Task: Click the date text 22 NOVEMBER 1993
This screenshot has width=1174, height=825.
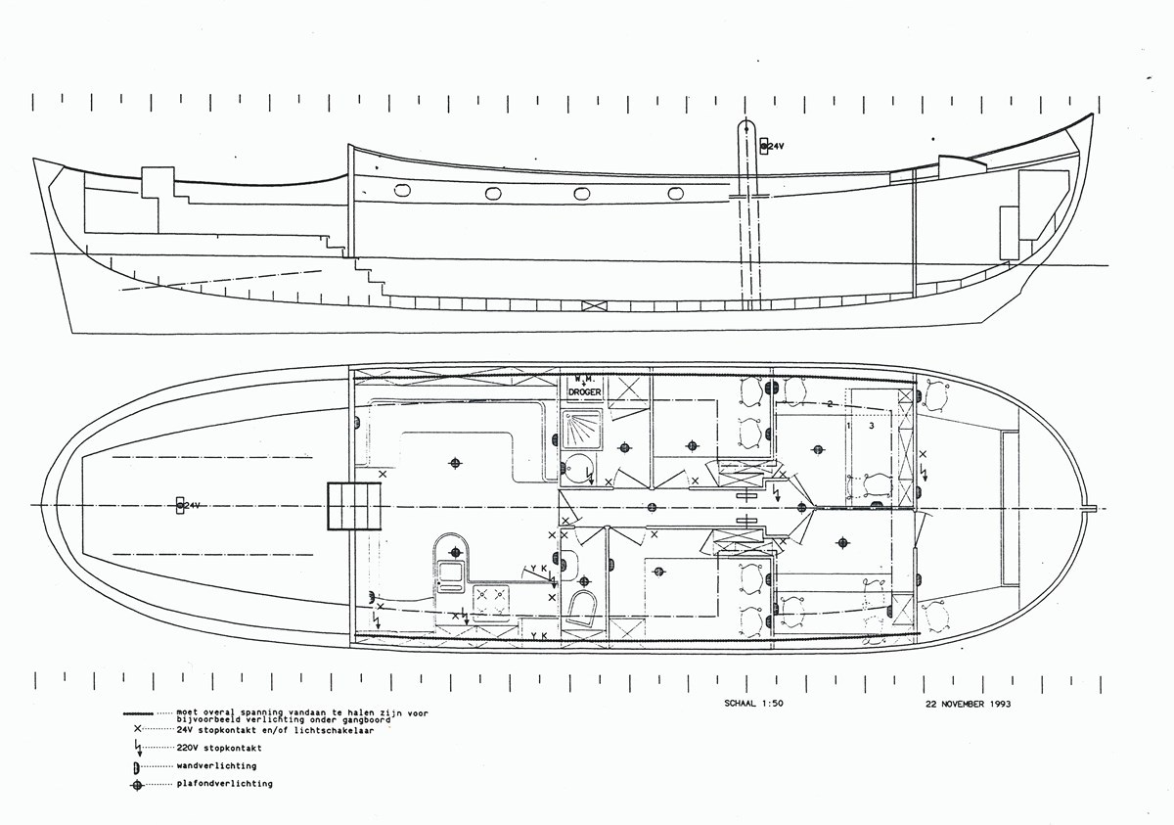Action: click(x=970, y=704)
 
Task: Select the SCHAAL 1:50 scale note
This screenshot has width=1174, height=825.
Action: click(x=746, y=704)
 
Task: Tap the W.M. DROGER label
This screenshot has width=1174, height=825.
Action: click(x=586, y=386)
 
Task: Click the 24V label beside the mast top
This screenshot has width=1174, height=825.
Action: click(x=776, y=146)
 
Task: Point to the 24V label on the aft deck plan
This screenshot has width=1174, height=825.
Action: click(x=190, y=505)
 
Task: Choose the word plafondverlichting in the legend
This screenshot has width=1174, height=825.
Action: click(x=225, y=784)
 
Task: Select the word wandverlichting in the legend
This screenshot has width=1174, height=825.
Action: click(x=217, y=765)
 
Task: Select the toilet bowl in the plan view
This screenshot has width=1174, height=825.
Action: click(x=583, y=607)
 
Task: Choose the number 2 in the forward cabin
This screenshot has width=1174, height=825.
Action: click(x=830, y=403)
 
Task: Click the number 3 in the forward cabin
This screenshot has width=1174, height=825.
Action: click(x=871, y=426)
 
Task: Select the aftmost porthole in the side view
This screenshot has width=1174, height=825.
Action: click(x=402, y=190)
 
